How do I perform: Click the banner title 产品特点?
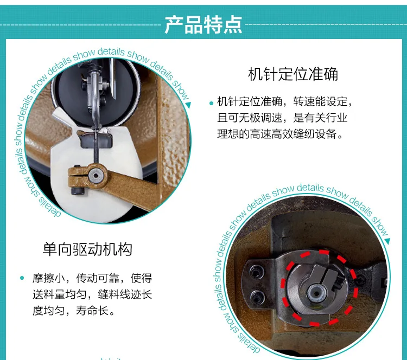(203, 25)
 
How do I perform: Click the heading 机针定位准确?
(293, 74)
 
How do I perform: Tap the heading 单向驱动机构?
(87, 249)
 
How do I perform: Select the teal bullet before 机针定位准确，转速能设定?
(211, 103)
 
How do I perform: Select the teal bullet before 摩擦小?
(22, 278)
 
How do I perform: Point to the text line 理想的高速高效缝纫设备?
(281, 134)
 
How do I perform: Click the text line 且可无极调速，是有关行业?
(282, 118)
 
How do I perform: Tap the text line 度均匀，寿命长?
(74, 310)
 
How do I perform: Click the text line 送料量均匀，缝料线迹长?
(92, 294)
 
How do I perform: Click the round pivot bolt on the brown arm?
(96, 176)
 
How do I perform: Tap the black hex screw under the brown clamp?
(78, 191)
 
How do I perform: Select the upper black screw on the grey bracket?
(257, 273)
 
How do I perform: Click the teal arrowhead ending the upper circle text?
(188, 105)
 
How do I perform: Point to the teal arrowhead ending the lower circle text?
(387, 241)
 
